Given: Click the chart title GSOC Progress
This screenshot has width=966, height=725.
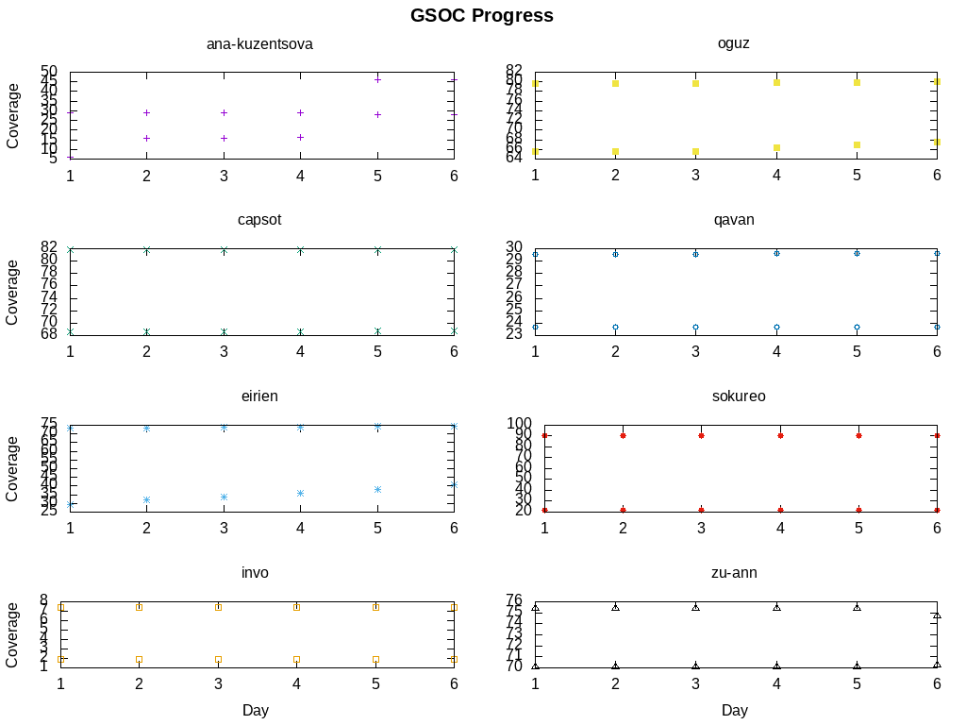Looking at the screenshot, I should (x=481, y=16).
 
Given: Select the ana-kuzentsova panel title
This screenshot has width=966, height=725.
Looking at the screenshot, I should (x=259, y=44).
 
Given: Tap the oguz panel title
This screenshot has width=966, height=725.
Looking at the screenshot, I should (x=733, y=44).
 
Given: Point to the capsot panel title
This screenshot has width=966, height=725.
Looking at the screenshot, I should (x=259, y=220).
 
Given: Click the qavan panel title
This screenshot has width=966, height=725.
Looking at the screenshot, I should (x=734, y=220).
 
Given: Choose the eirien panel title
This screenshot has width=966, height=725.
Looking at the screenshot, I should (x=259, y=396).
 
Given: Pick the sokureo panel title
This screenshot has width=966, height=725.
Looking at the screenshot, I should (x=739, y=396).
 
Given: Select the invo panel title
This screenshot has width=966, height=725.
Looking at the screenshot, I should (x=255, y=573).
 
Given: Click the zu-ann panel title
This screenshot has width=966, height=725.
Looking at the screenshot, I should (x=734, y=573).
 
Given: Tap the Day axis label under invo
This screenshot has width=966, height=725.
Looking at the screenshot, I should (x=256, y=710).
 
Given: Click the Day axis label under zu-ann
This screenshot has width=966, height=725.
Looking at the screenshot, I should (x=735, y=710).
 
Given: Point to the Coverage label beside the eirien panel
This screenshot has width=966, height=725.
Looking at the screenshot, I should (x=13, y=468).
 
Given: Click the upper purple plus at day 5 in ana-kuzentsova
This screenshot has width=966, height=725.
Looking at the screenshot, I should (x=377, y=79).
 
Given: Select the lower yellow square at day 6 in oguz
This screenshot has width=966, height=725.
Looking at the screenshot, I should (x=937, y=142).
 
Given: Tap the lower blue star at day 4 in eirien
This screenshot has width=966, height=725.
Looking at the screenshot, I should (x=300, y=493).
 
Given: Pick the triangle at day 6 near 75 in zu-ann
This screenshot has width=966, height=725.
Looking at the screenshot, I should (x=937, y=615).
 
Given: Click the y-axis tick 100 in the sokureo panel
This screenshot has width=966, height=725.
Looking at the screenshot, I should (x=522, y=424).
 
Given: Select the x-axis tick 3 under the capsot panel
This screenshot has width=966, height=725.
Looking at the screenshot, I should (x=224, y=351).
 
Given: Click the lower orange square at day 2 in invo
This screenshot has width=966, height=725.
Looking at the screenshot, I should (x=139, y=659).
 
